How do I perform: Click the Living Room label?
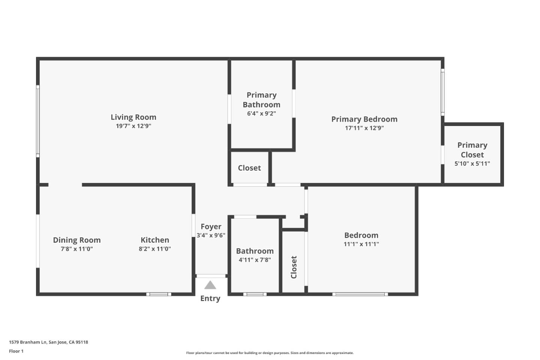coord(133,117)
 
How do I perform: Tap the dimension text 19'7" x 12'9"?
coord(133,126)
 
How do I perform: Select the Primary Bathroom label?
coord(261,100)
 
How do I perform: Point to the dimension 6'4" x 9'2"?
coord(261,113)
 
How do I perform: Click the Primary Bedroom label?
coord(364,119)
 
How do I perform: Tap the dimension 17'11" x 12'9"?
coord(364,128)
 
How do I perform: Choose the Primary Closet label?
coord(472,150)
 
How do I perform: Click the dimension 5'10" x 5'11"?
coord(472,163)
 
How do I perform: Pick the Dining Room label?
coord(76,240)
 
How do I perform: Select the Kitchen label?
coord(154,240)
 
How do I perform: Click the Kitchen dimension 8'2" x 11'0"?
coord(154,249)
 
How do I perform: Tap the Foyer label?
coord(211,226)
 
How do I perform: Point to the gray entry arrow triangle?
coord(210,286)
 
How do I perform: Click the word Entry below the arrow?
coord(210,298)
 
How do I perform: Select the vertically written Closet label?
coord(294,267)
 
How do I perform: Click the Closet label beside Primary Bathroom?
coord(249,168)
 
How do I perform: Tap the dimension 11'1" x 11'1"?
coord(361,244)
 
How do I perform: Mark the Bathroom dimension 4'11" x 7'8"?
coord(255,260)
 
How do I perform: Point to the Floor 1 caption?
coord(16,351)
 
